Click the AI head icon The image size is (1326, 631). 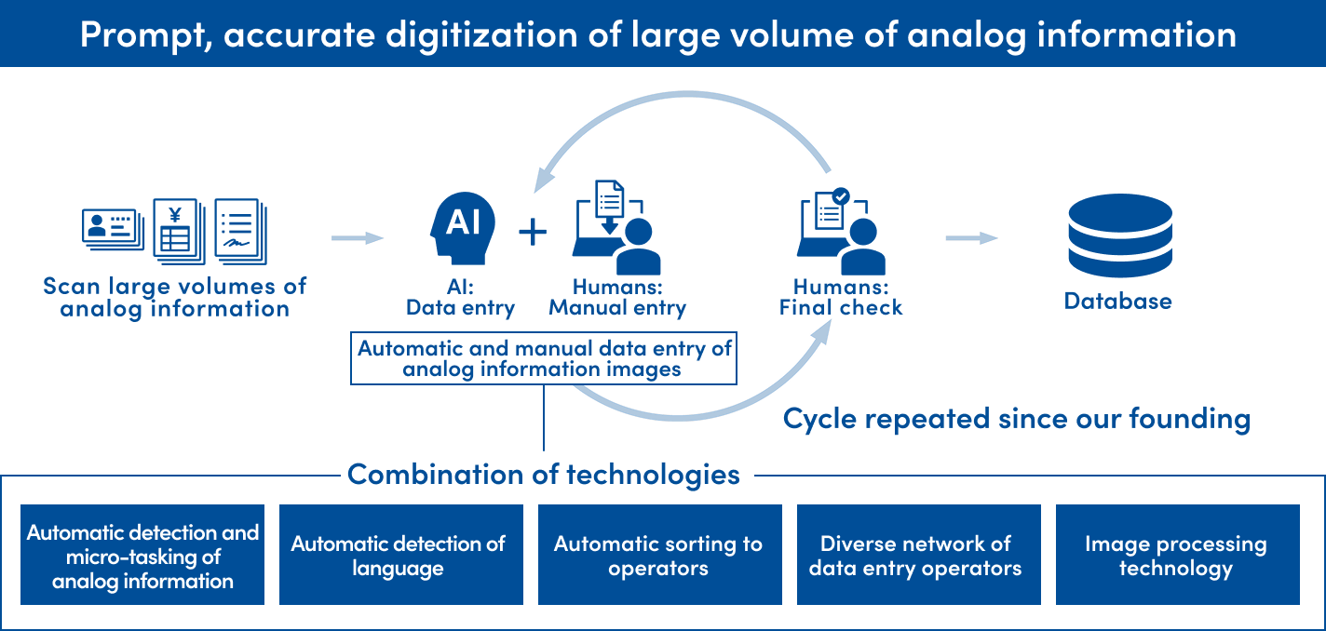[463, 228]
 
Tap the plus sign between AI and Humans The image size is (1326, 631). [533, 231]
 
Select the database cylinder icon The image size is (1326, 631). [1120, 235]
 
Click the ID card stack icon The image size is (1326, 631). [113, 229]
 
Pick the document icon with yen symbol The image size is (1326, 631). [180, 231]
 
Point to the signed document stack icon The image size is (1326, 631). [241, 231]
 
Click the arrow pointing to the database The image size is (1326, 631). [972, 238]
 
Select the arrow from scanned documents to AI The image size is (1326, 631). [358, 238]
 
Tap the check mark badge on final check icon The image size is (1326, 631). [841, 196]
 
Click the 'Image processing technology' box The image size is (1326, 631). [1177, 555]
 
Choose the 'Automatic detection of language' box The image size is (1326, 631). [401, 555]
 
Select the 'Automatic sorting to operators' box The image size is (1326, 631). [660, 555]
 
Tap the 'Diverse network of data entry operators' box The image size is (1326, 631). [919, 555]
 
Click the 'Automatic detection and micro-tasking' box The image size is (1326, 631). [142, 555]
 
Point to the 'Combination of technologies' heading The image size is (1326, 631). [544, 475]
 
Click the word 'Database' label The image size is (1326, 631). [1117, 301]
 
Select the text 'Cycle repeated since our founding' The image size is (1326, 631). [1017, 419]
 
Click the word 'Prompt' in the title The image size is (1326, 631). [145, 35]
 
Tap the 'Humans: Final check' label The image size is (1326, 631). [841, 298]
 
